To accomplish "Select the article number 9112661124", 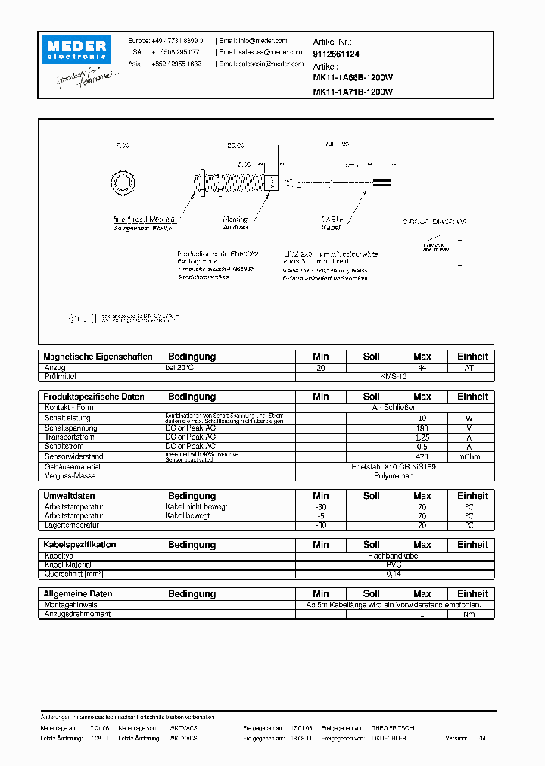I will click(x=336, y=54).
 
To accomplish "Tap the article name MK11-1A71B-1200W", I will click(x=353, y=92).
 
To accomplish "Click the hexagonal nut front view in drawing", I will click(x=122, y=182).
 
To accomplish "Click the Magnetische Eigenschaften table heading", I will click(x=98, y=357).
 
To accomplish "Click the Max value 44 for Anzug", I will click(x=422, y=367).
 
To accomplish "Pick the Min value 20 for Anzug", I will click(x=321, y=367).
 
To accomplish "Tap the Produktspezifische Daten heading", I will click(x=94, y=397).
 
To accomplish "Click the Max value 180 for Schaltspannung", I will click(x=422, y=428).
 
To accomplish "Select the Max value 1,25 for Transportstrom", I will click(x=422, y=437).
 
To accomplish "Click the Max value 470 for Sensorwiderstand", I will click(x=422, y=456).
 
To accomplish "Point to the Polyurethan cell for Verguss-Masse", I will click(x=394, y=477).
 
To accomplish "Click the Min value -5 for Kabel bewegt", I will click(x=321, y=515).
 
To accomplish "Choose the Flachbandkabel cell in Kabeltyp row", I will click(x=394, y=555).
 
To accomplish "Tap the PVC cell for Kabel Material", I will click(x=394, y=565).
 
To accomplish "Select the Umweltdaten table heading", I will click(x=70, y=496).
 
